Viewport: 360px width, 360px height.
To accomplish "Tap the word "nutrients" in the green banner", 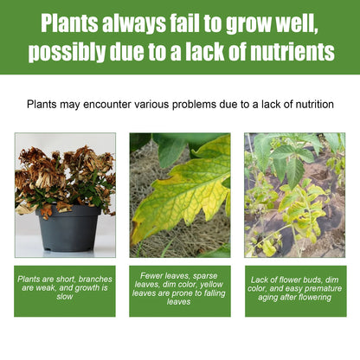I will coord(286,52).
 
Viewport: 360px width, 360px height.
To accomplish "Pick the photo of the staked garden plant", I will coord(294,195).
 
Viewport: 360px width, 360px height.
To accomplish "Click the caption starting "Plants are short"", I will coord(65,288).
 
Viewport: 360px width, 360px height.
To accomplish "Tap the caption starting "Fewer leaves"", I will coord(179,288).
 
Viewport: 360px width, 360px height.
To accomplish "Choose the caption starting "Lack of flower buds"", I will coord(294,288).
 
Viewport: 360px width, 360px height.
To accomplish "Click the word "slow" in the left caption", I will coord(65,297).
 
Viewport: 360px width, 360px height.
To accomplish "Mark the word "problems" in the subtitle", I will coord(183,104).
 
